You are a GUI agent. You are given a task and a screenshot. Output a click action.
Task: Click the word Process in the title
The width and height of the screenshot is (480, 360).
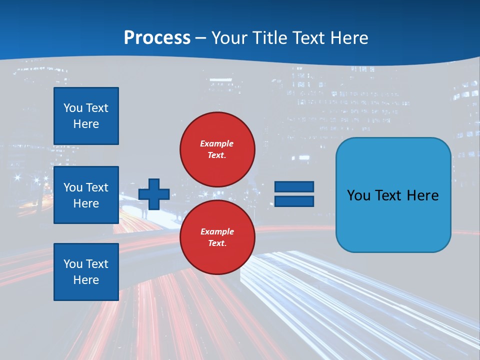tap(157, 38)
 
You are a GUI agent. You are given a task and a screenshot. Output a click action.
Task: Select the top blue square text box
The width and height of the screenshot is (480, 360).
tap(86, 116)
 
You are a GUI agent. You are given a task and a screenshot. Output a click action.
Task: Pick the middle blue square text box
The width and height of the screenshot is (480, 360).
tap(86, 195)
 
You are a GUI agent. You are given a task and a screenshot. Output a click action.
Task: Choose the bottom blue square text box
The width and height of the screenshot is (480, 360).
tap(86, 272)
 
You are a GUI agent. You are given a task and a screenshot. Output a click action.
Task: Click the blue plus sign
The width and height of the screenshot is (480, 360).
tap(154, 194)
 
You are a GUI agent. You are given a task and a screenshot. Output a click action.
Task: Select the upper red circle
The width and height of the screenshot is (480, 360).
tap(217, 149)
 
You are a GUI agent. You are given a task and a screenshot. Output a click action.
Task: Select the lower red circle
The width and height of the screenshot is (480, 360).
tap(217, 237)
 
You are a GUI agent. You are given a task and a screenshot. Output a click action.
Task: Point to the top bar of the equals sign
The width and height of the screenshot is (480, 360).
tap(294, 187)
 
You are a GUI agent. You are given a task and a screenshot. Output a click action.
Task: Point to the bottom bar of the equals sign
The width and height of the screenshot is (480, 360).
tap(294, 201)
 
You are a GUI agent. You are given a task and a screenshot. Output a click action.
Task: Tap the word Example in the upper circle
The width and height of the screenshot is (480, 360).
tap(217, 143)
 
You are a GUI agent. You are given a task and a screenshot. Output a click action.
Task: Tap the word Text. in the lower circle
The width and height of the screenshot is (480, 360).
tap(217, 243)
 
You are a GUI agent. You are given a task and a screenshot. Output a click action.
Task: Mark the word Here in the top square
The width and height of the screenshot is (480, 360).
tap(86, 124)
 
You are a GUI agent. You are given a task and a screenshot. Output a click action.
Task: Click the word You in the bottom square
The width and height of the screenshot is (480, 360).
tap(73, 264)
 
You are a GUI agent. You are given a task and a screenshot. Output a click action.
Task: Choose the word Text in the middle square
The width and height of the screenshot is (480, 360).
tap(96, 187)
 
